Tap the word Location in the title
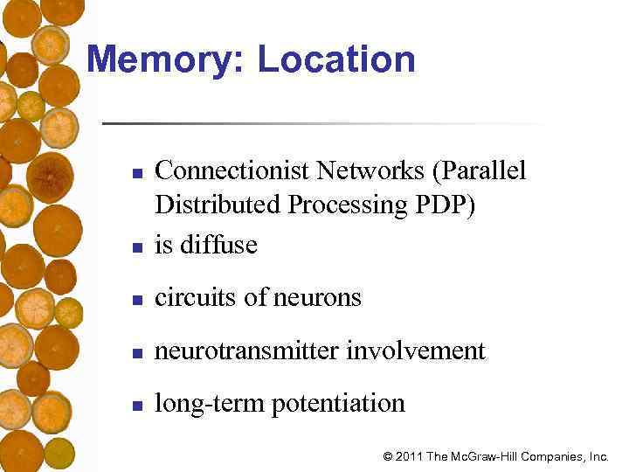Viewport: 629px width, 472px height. (336, 60)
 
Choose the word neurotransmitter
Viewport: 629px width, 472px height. (247, 351)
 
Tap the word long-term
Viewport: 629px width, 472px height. (197, 403)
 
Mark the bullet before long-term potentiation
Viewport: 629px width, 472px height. (137, 406)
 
